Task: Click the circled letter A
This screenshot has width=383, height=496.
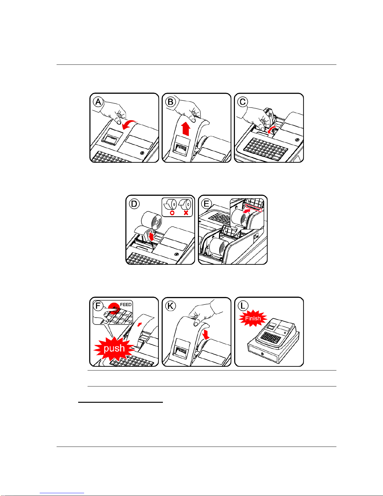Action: (x=98, y=102)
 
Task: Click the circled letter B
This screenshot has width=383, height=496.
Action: (x=170, y=102)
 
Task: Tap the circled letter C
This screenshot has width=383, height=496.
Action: (x=243, y=102)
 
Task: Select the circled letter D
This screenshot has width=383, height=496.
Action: (x=134, y=204)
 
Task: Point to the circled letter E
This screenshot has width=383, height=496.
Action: (x=207, y=204)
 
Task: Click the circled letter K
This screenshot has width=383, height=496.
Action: (x=170, y=306)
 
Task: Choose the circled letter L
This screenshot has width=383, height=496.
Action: (x=243, y=306)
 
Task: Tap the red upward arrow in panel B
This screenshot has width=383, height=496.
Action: (x=186, y=129)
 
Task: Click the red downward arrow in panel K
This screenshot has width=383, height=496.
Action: (x=206, y=335)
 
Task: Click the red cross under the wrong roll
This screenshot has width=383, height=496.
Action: (x=186, y=213)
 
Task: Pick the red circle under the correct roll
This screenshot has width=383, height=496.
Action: (x=172, y=213)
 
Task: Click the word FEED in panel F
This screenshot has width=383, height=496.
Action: (x=126, y=305)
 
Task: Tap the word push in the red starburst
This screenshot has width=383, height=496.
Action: (x=114, y=348)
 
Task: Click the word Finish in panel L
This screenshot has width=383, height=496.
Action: (x=253, y=319)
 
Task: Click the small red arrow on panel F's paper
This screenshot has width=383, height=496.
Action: (x=140, y=324)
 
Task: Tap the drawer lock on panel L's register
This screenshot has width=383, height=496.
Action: (x=262, y=354)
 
